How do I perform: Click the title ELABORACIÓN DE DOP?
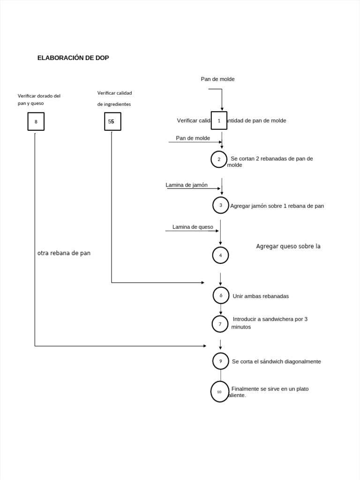73,58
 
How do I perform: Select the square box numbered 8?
36,121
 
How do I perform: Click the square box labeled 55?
112,121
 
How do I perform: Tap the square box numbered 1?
219,120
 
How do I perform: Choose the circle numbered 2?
219,159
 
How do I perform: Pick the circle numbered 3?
221,205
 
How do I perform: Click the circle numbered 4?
220,255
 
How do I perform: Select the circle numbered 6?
221,295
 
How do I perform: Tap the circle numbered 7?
220,323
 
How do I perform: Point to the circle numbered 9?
221,361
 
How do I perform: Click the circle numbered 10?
219,391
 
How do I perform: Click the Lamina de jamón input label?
187,185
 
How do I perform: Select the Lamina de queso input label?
193,227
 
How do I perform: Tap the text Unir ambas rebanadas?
261,296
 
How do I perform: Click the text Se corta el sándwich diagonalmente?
276,361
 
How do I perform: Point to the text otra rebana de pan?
64,253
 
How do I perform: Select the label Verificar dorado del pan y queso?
39,99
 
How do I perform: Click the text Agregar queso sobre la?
288,246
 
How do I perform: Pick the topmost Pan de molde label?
217,79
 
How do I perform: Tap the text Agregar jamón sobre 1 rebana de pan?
277,206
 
